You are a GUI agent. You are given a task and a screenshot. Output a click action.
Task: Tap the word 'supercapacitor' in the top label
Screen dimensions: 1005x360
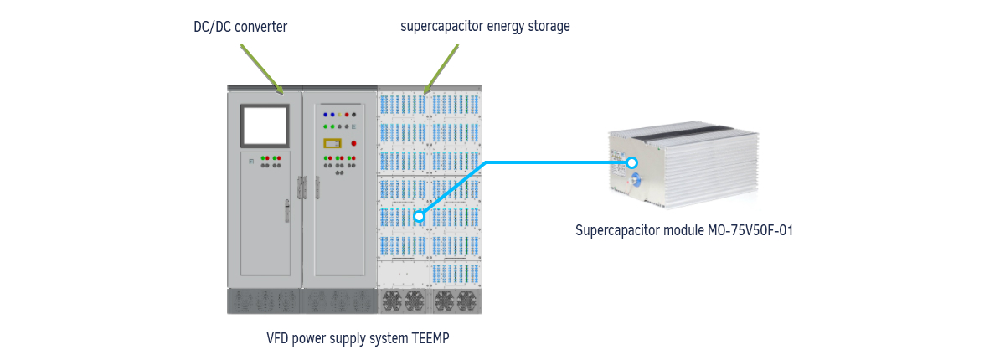click(x=441, y=27)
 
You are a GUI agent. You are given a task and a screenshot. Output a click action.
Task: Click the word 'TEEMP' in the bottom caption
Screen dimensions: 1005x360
click(x=430, y=338)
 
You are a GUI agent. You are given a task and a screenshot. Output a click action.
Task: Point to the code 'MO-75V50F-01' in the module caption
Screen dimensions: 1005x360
click(x=750, y=230)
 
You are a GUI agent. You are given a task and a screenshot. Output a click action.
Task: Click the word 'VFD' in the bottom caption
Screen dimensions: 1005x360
click(x=277, y=338)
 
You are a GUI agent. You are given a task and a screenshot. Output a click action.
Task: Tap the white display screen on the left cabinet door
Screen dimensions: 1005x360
click(x=265, y=126)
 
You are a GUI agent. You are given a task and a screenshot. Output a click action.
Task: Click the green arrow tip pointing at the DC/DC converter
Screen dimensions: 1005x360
click(x=283, y=95)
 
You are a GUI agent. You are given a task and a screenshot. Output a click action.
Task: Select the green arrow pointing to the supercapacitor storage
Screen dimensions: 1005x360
click(x=441, y=69)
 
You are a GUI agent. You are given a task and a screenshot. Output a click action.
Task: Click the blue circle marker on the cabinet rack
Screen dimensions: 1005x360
click(x=419, y=217)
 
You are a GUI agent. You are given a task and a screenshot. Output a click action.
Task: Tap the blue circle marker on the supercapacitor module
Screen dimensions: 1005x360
click(x=631, y=162)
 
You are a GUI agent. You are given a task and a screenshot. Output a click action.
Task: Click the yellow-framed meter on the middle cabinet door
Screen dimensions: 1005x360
click(x=332, y=143)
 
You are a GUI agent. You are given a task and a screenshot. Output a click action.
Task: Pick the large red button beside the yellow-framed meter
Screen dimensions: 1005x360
click(x=353, y=143)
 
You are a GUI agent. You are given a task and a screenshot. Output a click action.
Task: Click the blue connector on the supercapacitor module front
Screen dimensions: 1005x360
click(x=635, y=181)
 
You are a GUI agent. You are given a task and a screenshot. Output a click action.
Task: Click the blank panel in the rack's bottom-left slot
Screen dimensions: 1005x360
click(x=404, y=274)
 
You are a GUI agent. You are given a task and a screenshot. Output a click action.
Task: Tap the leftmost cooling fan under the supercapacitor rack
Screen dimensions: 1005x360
click(x=392, y=301)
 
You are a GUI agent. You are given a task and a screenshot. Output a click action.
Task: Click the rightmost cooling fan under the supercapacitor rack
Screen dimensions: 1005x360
click(x=466, y=301)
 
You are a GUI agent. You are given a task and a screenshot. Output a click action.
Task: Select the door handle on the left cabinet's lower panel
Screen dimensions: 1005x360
click(x=287, y=211)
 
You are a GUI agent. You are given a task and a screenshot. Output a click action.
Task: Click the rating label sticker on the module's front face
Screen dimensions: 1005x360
click(x=619, y=162)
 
